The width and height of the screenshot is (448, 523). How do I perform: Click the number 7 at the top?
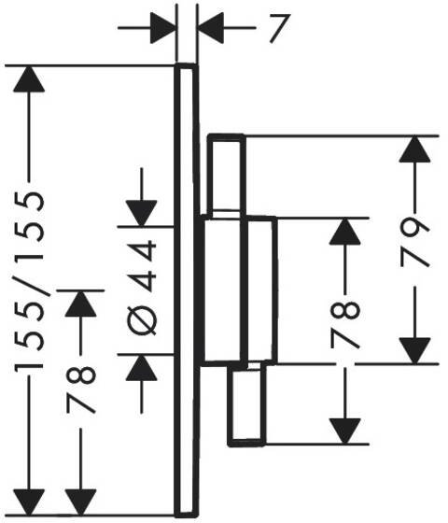[279, 28]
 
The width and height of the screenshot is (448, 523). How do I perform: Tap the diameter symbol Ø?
[142, 319]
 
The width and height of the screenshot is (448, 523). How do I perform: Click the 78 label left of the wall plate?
[81, 389]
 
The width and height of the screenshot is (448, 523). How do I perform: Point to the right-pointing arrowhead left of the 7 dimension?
[162, 28]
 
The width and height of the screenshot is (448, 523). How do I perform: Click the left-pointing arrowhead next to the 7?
[211, 28]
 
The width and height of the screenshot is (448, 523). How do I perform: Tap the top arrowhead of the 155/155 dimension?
[29, 79]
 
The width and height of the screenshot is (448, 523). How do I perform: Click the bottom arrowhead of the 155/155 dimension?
[29, 502]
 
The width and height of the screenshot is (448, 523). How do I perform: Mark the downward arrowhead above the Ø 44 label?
[141, 214]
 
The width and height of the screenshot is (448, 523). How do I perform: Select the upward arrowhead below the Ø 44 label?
[141, 367]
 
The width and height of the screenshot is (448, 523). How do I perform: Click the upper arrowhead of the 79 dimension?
[414, 149]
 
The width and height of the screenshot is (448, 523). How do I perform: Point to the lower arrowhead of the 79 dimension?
[414, 350]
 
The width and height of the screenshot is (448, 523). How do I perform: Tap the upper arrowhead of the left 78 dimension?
[80, 304]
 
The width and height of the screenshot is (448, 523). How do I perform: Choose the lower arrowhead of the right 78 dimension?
[345, 431]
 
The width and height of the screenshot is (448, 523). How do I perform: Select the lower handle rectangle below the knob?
[246, 404]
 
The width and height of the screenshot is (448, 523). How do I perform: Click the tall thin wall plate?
[187, 290]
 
